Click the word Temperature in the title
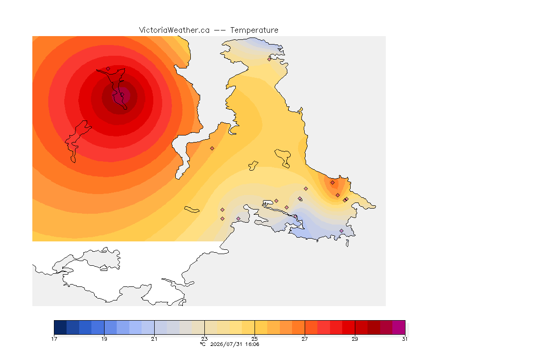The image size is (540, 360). [x=254, y=30]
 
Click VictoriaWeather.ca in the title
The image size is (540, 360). [x=174, y=30]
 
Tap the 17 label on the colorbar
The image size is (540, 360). [x=54, y=339]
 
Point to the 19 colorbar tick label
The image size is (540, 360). [x=104, y=339]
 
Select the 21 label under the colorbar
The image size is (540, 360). [x=154, y=339]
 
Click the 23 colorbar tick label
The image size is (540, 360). [x=204, y=339]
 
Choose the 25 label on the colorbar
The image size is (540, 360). [x=255, y=339]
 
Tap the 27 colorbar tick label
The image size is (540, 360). [x=305, y=339]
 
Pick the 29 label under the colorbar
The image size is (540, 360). [x=355, y=339]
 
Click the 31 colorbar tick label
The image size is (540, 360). [x=405, y=339]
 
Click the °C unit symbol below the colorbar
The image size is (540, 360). [x=203, y=344]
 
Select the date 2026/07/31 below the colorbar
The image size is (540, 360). [x=226, y=344]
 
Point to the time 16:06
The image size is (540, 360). [x=252, y=344]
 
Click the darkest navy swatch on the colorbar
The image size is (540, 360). [x=60, y=327]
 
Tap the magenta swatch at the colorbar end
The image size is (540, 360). [x=399, y=327]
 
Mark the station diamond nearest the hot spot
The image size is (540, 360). [x=108, y=69]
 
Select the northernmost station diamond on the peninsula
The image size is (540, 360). [x=270, y=59]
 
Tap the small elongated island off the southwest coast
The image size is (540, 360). [x=192, y=210]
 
